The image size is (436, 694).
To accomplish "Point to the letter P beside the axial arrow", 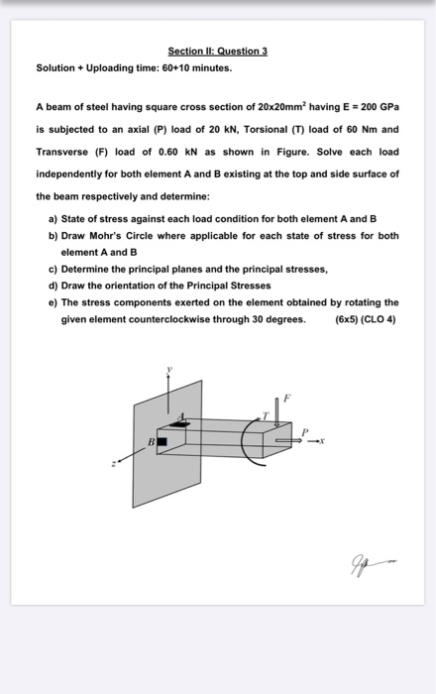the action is point(304,431).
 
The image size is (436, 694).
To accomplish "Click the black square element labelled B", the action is point(162,441).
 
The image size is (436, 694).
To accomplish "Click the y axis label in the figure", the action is point(168,368).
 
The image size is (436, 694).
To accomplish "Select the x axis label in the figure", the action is point(322,441).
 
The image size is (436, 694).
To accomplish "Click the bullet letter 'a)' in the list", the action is point(54,219).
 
